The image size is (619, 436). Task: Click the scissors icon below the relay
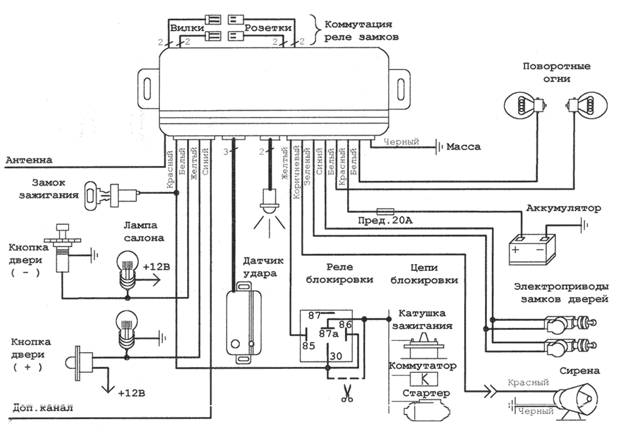point(346,394)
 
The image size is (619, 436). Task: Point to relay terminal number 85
point(308,345)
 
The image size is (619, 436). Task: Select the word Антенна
point(29,160)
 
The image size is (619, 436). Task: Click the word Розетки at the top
point(268,28)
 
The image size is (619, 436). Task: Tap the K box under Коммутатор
point(424,380)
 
